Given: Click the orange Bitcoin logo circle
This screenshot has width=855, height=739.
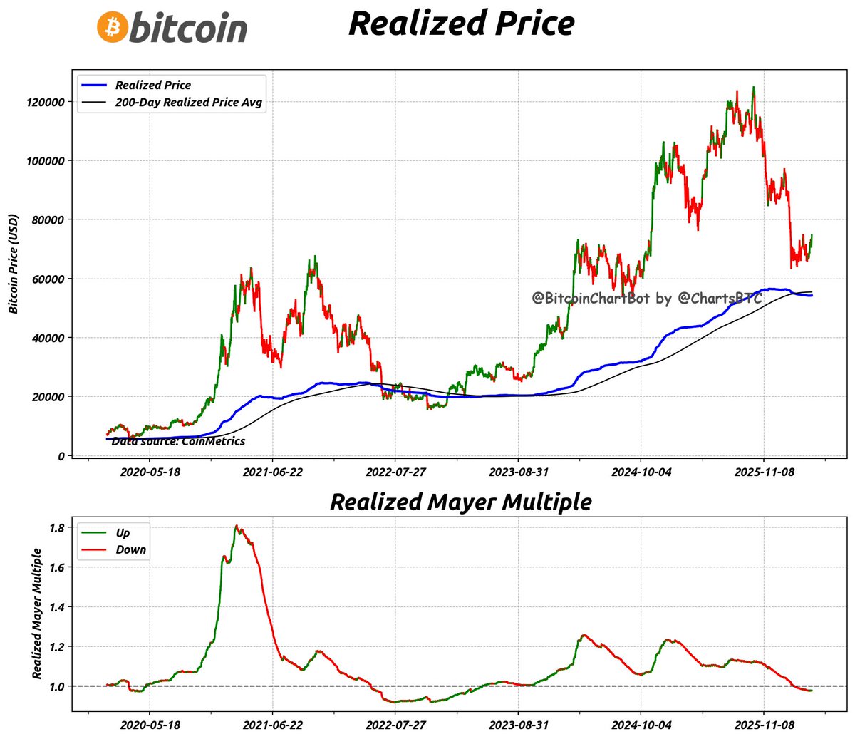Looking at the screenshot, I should point(112,26).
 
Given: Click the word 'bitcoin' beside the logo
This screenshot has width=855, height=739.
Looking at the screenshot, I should point(189,28).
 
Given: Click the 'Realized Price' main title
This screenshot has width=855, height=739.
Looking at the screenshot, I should point(461,23).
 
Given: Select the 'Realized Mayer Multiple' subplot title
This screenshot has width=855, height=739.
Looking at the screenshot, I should point(460,502).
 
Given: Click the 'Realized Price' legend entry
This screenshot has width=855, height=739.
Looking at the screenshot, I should point(153,85).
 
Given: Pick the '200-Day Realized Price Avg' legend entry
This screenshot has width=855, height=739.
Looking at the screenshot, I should point(188,103).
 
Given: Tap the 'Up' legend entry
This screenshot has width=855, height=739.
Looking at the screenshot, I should point(123,533).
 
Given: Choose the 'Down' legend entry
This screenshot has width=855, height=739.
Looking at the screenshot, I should point(130,550).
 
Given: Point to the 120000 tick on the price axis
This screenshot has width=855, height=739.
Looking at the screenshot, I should point(46,102).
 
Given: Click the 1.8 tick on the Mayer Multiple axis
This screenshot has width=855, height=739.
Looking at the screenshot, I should point(57,528).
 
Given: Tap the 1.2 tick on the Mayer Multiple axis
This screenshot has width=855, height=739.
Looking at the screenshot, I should point(57,647).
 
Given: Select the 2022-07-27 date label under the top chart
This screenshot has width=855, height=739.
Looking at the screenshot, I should point(395,472).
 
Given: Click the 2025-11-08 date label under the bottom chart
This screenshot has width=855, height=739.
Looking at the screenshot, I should point(764,725).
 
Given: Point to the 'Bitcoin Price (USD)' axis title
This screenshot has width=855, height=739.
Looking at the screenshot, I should point(14,264).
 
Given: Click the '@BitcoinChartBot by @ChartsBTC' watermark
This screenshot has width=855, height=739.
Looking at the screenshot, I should point(647,299).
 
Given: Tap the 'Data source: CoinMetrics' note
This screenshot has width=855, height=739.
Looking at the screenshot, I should point(178,442).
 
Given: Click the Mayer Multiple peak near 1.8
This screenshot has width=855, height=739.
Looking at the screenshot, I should point(237,527).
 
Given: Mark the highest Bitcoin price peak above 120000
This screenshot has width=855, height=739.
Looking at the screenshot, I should point(753,88).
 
